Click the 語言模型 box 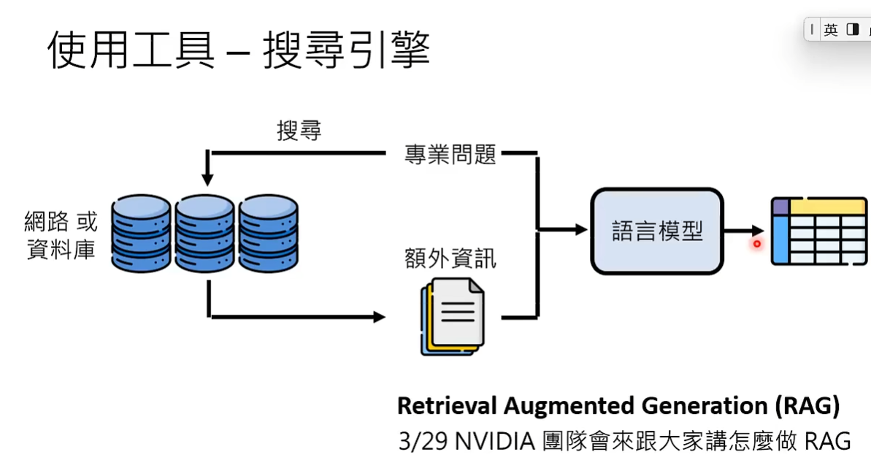(x=656, y=231)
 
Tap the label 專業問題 (x=450, y=154)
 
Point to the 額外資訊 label (x=450, y=258)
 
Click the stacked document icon (x=452, y=315)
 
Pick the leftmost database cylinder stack (x=141, y=231)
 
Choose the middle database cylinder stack (x=205, y=231)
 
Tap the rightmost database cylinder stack (x=269, y=231)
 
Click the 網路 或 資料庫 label (x=61, y=234)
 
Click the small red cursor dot (x=757, y=244)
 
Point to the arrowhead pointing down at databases (x=207, y=179)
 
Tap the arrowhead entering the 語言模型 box (x=581, y=230)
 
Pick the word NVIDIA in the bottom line (x=497, y=441)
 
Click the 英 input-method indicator (x=831, y=30)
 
